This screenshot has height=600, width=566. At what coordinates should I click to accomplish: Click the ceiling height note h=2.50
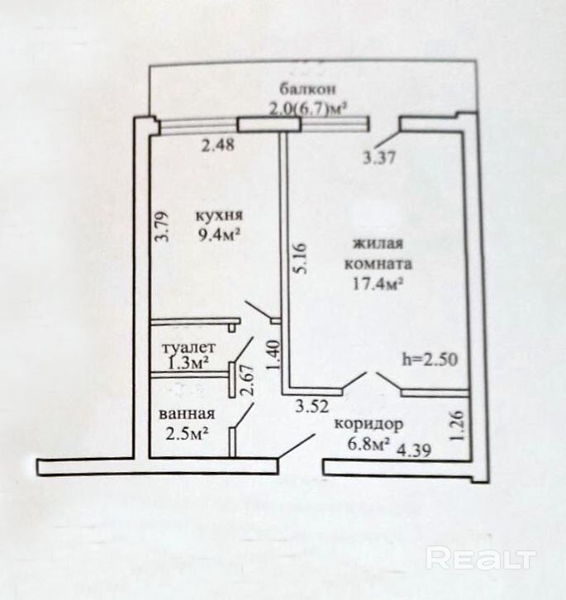430,360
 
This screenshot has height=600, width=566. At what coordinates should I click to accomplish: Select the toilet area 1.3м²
188,363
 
